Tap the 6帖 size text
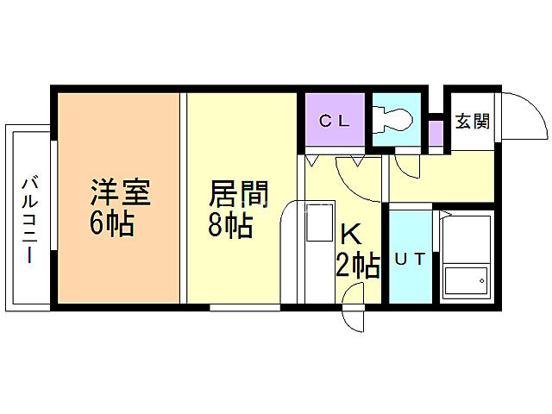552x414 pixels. coord(111,223)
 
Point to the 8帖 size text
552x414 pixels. coord(230,224)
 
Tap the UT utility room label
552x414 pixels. coord(410,258)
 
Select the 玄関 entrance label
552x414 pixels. coord(472,122)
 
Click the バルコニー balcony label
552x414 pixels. coord(28,219)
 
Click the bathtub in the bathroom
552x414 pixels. coord(466,255)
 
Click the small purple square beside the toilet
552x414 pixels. coord(436,134)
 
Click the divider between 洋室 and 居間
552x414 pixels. coord(183,198)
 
